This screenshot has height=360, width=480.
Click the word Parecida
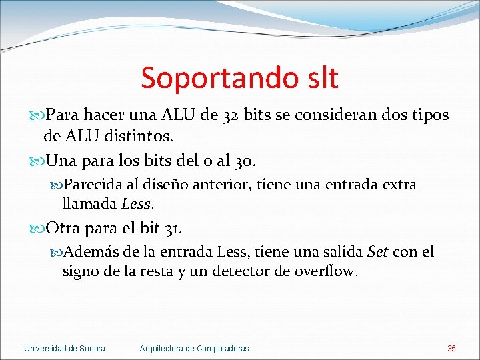92,184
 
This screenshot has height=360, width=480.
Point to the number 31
171,229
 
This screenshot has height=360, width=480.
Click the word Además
93,252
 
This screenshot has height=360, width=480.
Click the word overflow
326,271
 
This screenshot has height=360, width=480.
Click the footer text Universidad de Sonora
65,349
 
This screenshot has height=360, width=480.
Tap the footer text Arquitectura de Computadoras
194,349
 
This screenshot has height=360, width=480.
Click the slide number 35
451,349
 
